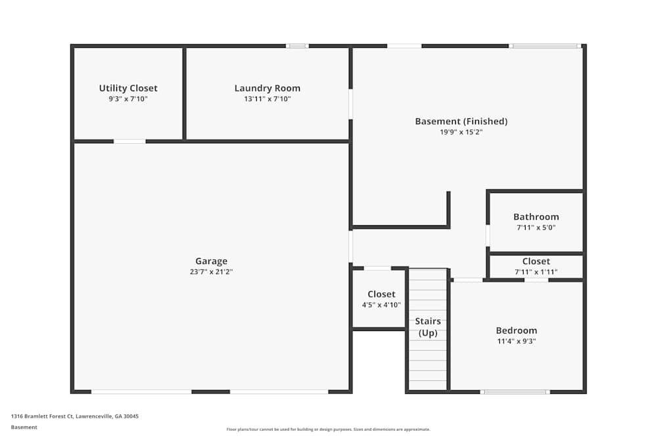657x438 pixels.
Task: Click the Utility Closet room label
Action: [128, 88]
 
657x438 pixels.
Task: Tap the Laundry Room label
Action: [267, 88]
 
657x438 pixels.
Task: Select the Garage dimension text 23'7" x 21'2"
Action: [211, 271]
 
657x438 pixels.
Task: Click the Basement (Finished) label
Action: [461, 121]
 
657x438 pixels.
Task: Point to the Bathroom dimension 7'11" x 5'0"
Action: [536, 227]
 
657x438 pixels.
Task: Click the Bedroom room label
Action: [516, 330]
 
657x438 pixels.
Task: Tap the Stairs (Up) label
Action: [428, 327]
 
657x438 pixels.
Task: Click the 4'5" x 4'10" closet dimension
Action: [381, 305]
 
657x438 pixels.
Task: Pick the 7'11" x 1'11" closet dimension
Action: [536, 271]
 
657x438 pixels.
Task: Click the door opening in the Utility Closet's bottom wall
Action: [129, 141]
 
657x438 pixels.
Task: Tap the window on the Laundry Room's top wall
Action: [297, 46]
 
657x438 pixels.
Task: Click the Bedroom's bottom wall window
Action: [515, 392]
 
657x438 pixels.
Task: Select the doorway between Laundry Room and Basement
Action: [351, 104]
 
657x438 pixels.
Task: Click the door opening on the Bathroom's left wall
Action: [487, 235]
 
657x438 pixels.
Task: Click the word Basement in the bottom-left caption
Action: [24, 427]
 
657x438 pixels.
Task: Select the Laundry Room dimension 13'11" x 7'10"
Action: [267, 99]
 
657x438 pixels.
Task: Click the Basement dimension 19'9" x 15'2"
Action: [461, 132]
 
